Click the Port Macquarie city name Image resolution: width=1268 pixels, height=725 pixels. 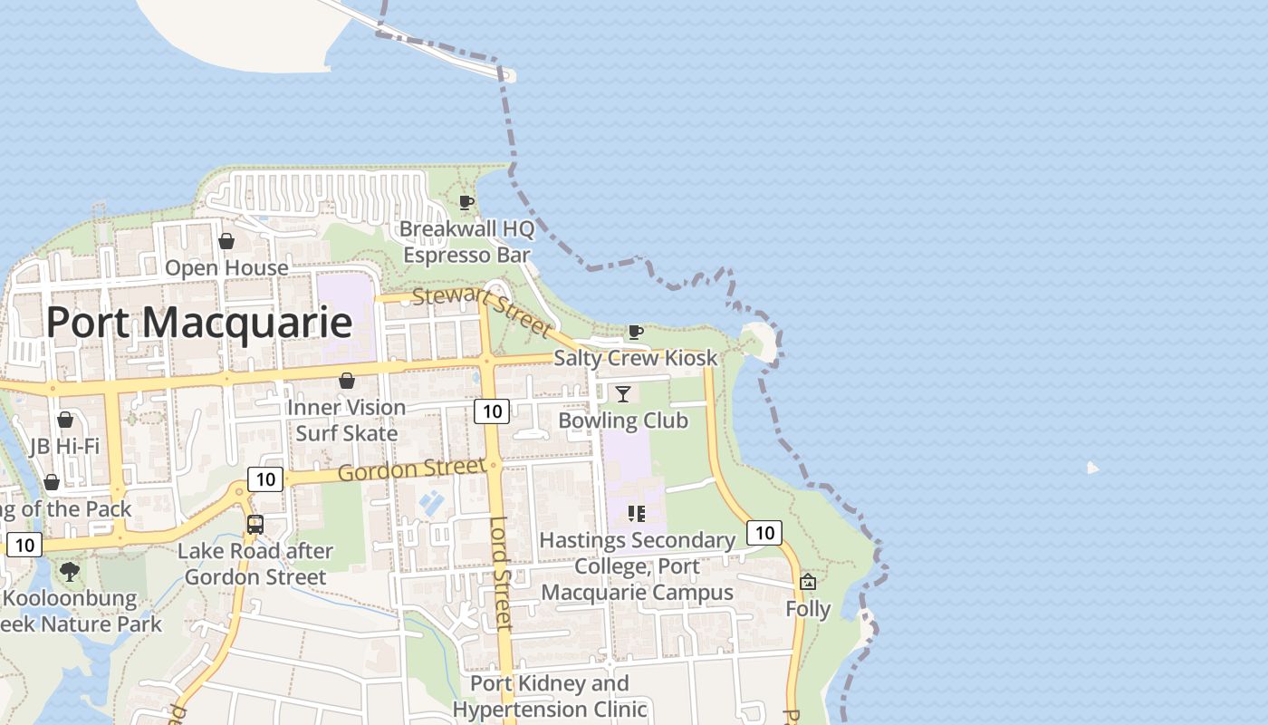click(x=198, y=323)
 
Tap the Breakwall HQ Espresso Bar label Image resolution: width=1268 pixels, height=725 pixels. click(x=466, y=242)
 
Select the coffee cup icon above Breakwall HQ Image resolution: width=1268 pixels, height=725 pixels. click(x=466, y=202)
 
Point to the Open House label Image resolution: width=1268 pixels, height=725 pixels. click(x=226, y=268)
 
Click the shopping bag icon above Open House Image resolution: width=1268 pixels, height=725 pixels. click(x=226, y=241)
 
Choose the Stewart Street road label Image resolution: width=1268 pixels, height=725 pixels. click(x=481, y=310)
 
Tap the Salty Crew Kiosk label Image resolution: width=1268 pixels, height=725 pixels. click(x=635, y=358)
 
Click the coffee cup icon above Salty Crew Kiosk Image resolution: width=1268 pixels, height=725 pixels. click(x=636, y=333)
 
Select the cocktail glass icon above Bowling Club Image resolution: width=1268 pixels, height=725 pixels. click(x=623, y=393)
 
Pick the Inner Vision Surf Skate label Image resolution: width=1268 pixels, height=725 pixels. click(x=346, y=420)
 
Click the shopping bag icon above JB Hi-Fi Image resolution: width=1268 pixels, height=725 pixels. click(x=65, y=420)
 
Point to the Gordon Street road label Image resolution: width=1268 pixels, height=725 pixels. click(x=412, y=469)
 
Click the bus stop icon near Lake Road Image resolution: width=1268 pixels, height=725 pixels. click(x=255, y=524)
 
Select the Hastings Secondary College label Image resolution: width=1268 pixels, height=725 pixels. click(x=637, y=566)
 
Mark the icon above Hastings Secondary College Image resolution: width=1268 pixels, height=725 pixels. click(x=637, y=514)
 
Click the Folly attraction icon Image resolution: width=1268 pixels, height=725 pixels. click(x=808, y=582)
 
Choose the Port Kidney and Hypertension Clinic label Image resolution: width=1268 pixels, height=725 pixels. click(x=550, y=696)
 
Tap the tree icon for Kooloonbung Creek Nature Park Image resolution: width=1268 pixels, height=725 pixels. click(x=69, y=572)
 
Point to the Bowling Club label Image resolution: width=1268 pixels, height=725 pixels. click(x=623, y=420)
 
